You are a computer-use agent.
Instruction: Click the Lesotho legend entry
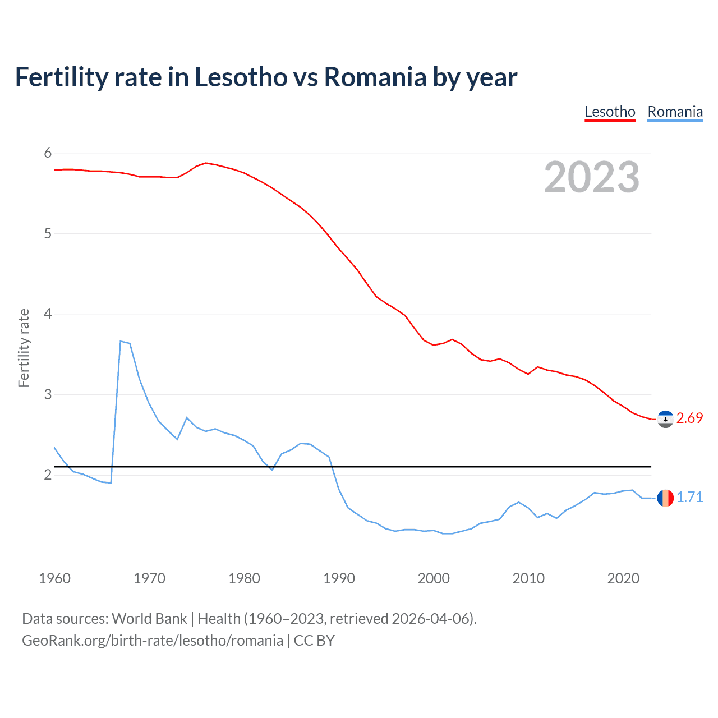610,112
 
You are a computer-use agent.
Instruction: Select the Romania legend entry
675,112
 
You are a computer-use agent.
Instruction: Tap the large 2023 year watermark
592,177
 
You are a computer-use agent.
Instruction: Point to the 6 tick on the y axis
48,153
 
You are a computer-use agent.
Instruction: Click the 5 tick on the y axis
48,233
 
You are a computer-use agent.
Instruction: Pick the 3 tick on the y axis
48,394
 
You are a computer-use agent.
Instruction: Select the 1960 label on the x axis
54,578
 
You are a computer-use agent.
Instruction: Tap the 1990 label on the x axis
339,578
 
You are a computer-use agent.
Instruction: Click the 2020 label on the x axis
623,578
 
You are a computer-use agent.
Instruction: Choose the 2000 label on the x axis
434,578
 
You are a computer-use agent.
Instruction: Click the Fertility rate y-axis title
24,348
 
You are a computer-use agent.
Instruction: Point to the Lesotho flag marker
665,419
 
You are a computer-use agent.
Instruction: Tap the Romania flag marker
665,498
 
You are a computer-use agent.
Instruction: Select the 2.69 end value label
689,418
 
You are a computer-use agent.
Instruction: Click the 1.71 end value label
689,498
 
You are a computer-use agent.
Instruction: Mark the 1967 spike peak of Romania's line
121,341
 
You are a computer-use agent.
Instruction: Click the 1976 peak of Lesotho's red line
206,163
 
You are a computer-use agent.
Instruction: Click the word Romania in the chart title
375,77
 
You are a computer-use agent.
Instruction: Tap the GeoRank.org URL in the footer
153,641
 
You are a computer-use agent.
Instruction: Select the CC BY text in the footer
314,641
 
